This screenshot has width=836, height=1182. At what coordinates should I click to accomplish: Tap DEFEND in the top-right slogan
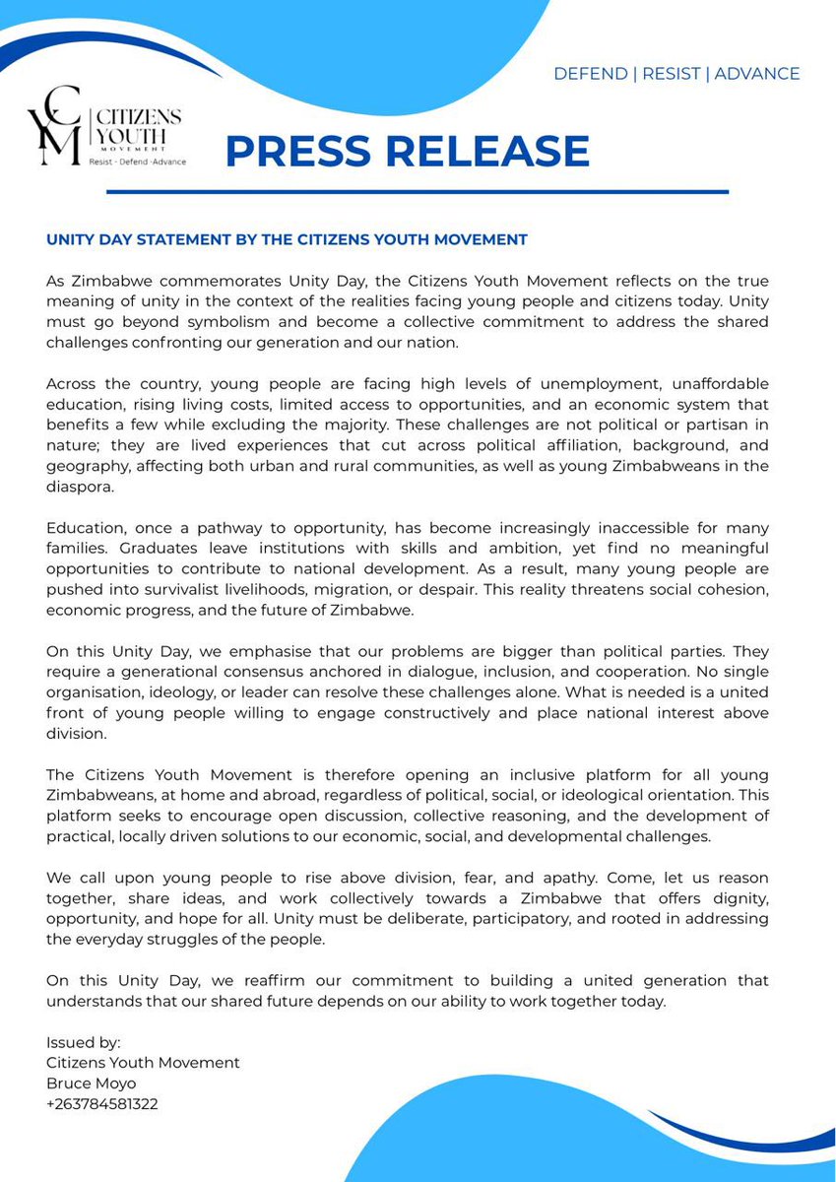591,74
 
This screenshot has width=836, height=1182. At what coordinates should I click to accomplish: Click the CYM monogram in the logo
56,125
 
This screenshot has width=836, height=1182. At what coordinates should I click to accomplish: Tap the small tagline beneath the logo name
137,161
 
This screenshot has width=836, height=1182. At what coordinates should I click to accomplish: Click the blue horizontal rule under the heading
477,191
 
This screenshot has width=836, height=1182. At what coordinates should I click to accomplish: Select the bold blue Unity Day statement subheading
287,239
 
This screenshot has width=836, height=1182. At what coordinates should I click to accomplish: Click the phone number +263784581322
101,1104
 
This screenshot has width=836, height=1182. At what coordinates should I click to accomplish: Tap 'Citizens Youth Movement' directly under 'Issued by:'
143,1063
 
